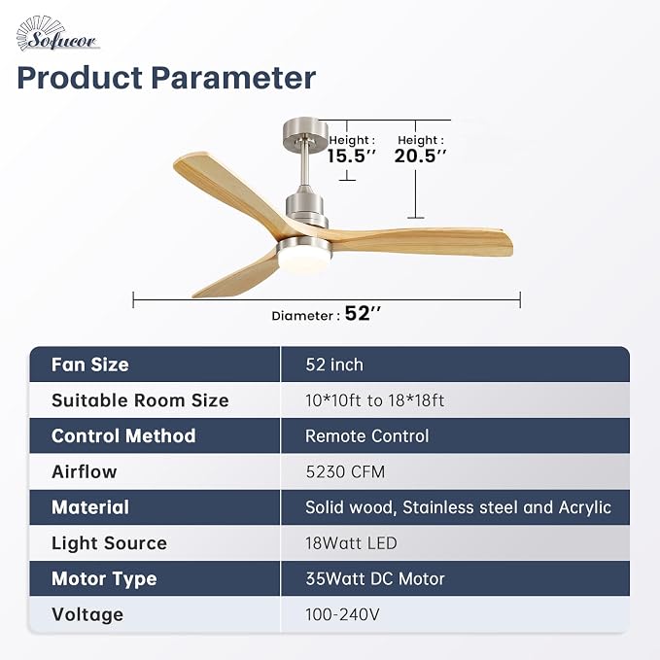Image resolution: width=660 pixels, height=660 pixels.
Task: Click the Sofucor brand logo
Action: tap(57, 34)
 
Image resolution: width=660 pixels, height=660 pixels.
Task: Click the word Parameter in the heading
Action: tap(233, 78)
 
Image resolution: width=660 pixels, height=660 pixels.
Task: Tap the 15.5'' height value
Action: tap(351, 156)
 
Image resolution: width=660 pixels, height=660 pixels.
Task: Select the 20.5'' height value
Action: tap(420, 156)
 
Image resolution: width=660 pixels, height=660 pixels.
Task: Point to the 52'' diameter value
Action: tap(363, 313)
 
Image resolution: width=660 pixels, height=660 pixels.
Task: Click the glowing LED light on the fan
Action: tap(304, 261)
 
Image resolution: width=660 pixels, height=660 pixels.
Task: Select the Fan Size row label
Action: tap(90, 365)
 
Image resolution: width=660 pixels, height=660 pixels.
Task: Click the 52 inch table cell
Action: tap(334, 365)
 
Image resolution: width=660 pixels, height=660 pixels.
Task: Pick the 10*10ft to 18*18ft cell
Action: tap(374, 400)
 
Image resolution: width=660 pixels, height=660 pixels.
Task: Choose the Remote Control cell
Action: tap(367, 436)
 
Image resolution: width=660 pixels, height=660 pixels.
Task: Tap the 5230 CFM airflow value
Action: tap(345, 471)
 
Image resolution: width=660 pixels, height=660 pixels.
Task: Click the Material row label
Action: tap(90, 507)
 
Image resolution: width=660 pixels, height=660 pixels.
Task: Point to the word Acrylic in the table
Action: tap(584, 508)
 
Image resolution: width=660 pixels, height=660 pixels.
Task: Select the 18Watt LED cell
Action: tap(351, 543)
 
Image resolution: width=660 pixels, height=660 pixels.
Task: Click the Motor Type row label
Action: tap(104, 579)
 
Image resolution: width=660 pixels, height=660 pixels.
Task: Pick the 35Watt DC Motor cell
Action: tap(375, 578)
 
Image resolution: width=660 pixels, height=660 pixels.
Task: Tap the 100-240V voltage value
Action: tap(342, 614)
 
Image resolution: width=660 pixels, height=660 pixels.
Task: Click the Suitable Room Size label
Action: tap(140, 400)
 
